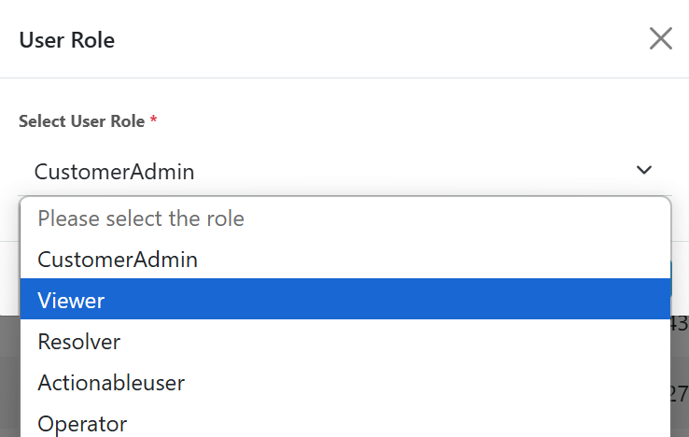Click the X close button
pos(661,38)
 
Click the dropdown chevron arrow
pos(643,170)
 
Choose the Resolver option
pos(79,342)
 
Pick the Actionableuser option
pos(111,383)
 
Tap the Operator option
pos(82,424)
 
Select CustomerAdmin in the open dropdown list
pos(118,259)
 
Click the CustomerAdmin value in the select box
pos(114,171)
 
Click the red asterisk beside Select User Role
pos(153,120)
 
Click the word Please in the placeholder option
pos(67,218)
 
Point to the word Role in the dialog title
pos(93,40)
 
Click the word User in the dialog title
pos(41,40)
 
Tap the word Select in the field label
pos(42,121)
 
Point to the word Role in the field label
pos(127,121)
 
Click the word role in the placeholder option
pos(225,218)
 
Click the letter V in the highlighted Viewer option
pos(45,301)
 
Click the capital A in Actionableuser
pos(45,383)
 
